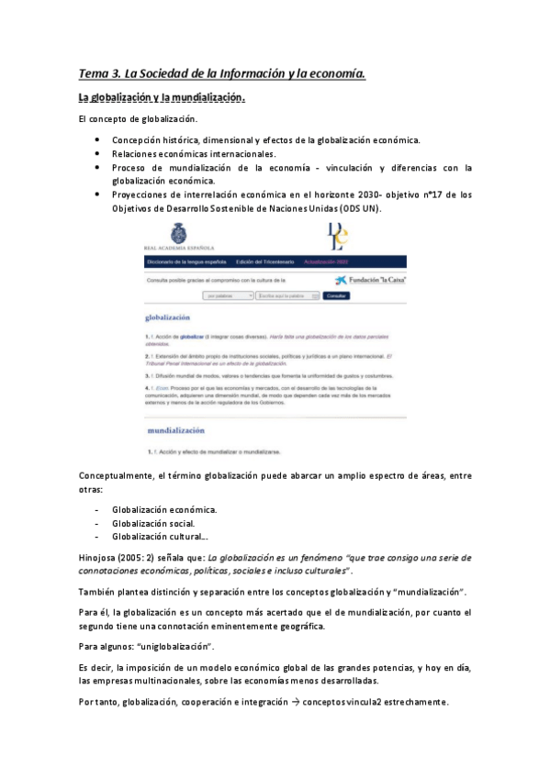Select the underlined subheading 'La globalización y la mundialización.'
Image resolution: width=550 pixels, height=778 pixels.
coord(162,97)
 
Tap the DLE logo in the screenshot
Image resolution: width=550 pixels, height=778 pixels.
coord(338,236)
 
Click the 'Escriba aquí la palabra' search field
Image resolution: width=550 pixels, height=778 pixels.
coord(288,296)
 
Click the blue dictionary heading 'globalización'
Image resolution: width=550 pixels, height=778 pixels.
coord(170,317)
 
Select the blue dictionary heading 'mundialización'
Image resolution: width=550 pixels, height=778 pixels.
coord(176,429)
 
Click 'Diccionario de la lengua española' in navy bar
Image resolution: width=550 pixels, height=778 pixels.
coord(186,262)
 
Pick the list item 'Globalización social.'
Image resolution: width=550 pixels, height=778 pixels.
coord(153,523)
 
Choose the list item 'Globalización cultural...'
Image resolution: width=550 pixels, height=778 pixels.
coord(160,537)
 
